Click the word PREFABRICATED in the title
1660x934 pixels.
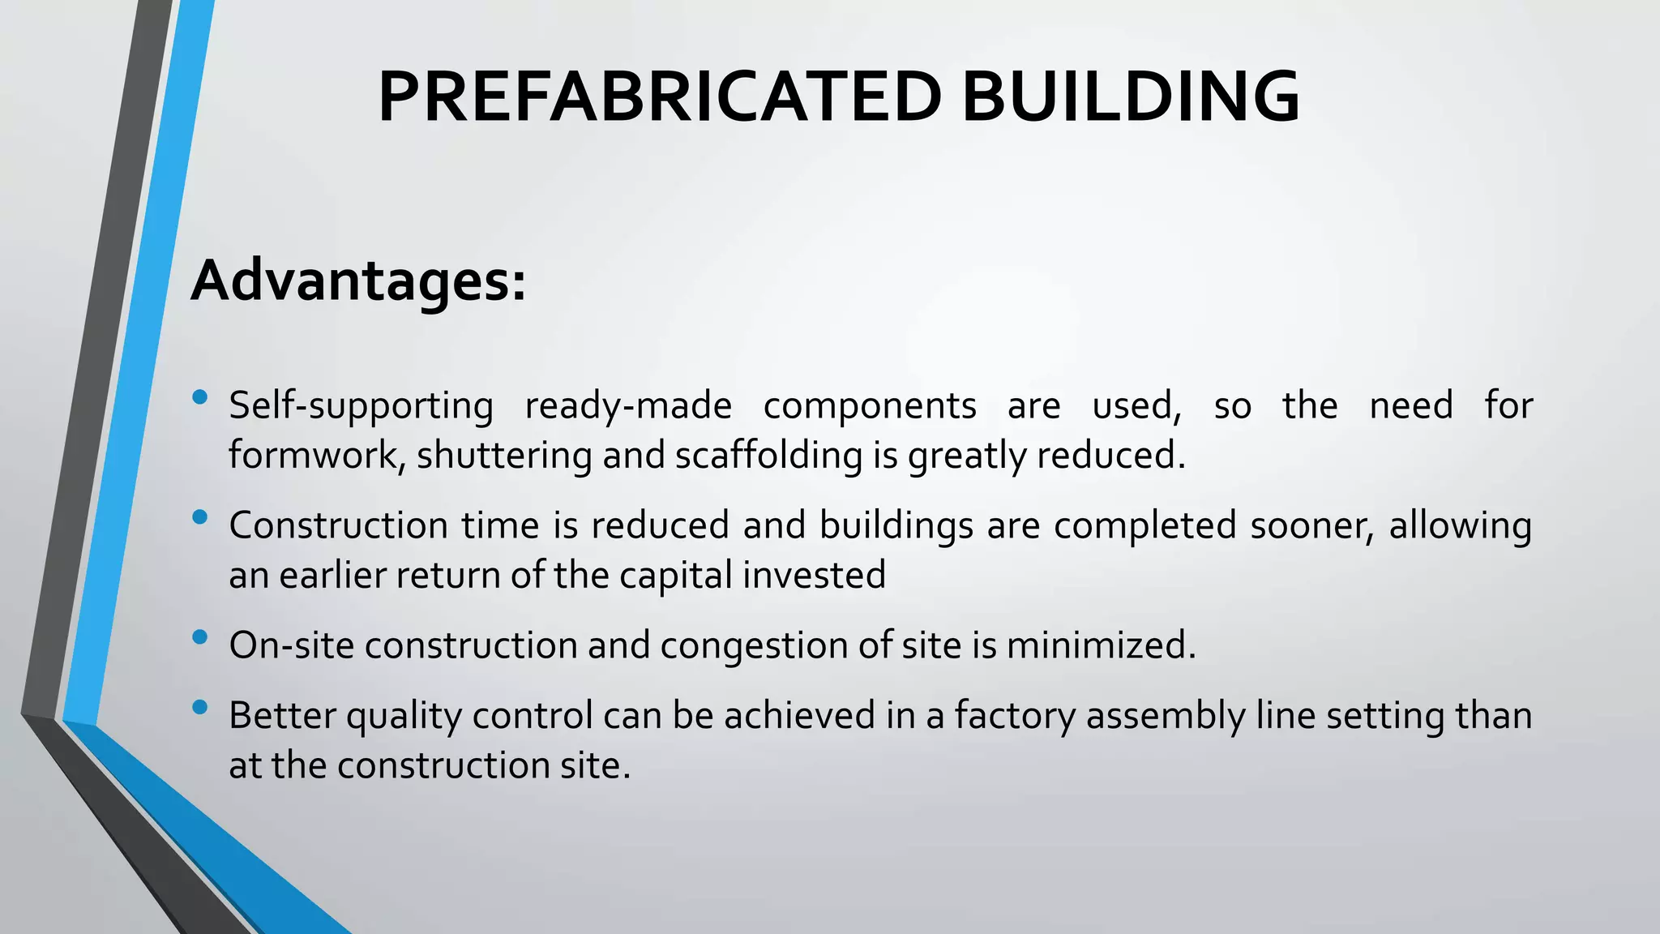659,97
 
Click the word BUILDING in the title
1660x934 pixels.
1130,97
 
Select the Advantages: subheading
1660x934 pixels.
358,281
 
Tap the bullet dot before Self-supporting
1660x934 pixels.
200,397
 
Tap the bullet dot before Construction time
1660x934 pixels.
200,517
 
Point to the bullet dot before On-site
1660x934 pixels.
200,637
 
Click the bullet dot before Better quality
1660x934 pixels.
200,708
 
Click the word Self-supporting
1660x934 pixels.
361,406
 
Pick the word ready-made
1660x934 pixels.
628,406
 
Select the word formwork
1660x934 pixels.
316,456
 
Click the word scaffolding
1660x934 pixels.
768,456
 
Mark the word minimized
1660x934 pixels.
1101,646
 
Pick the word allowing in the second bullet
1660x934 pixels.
1461,525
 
